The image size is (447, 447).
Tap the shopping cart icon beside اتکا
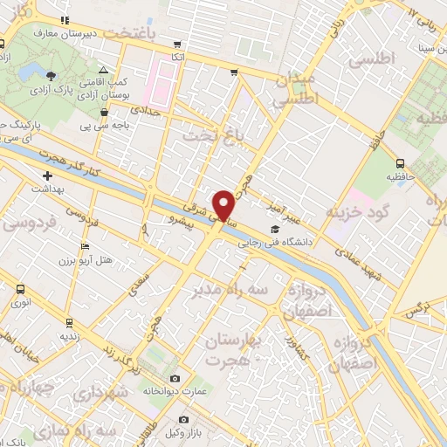coord(179,44)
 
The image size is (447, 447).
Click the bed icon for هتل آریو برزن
coord(85,246)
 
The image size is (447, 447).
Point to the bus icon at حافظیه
coord(400,162)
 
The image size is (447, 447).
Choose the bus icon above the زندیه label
coord(66,320)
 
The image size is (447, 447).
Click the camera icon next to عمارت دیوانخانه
coord(175,378)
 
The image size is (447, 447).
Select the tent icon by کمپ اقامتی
coord(103,69)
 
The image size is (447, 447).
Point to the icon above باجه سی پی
coord(105,112)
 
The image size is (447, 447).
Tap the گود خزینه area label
coord(357,212)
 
